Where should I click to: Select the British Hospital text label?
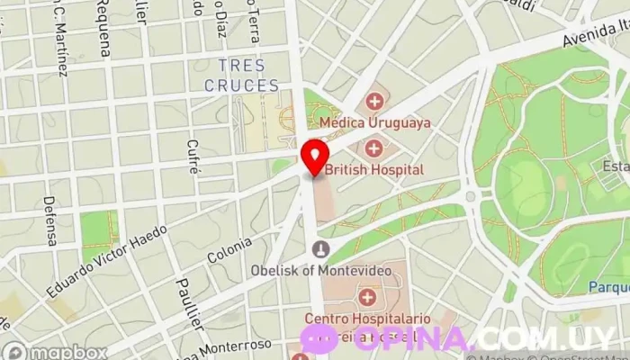[373, 169]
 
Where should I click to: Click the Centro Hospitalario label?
[360, 318]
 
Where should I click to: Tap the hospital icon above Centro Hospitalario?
[367, 296]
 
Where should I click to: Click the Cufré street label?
[191, 157]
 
